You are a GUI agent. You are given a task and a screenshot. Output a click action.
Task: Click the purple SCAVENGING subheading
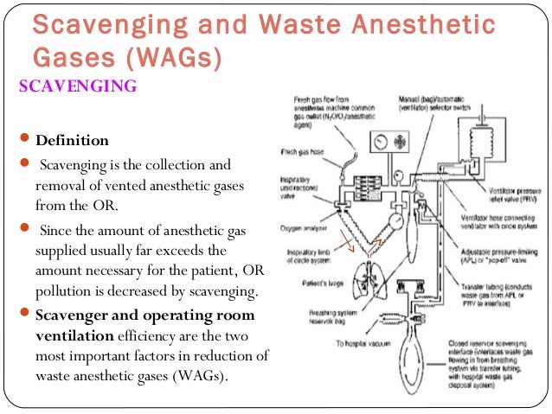(x=78, y=87)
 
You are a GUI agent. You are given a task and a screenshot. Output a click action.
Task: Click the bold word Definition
(x=73, y=141)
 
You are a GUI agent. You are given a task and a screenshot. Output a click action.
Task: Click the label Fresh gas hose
(x=303, y=152)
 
